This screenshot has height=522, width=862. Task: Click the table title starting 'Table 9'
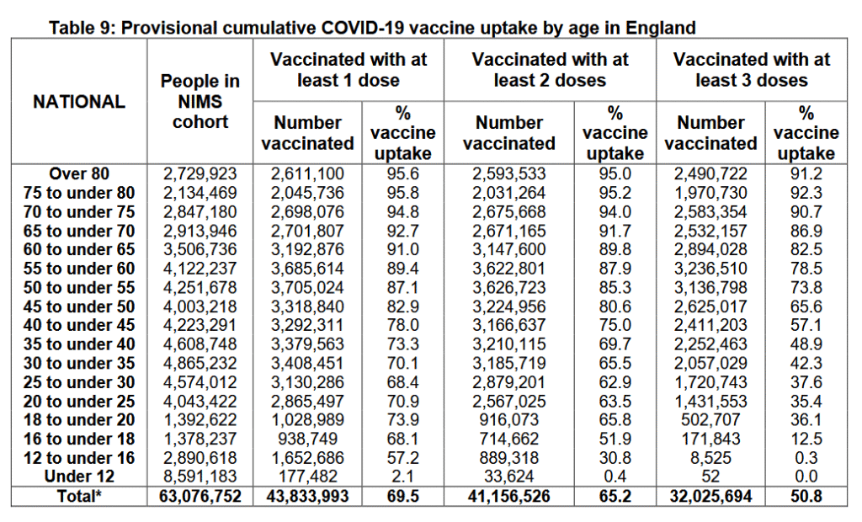click(x=372, y=27)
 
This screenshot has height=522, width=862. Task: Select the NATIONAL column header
click(x=79, y=102)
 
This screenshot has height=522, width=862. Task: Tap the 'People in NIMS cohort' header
click(x=200, y=101)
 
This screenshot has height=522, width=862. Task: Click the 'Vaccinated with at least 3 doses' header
click(x=752, y=70)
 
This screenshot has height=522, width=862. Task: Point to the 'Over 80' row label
click(x=79, y=173)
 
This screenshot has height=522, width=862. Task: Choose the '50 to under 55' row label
click(x=79, y=288)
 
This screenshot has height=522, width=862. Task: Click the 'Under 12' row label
click(x=79, y=477)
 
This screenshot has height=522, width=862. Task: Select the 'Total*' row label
click(x=79, y=496)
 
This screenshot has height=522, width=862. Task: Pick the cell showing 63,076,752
click(x=200, y=496)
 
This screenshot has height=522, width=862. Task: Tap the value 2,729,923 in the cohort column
click(x=200, y=173)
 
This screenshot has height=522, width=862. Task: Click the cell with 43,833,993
click(x=307, y=496)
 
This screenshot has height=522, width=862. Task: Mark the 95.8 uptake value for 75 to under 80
click(x=402, y=193)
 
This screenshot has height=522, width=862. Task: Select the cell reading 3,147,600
click(x=509, y=250)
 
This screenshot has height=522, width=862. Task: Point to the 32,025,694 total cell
click(x=710, y=496)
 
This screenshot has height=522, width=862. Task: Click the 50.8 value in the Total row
click(x=806, y=496)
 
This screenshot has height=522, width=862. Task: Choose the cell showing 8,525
click(x=710, y=458)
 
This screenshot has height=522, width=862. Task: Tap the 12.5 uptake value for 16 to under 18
click(x=806, y=439)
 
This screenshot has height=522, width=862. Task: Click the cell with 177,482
click(x=307, y=477)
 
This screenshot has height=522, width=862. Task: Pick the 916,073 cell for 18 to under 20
click(x=509, y=419)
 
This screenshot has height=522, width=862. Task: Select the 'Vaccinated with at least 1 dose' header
click(x=348, y=70)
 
